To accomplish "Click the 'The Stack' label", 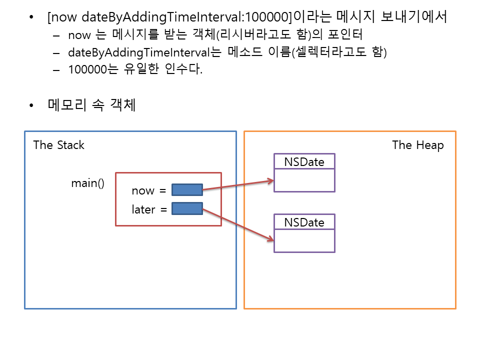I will [x=58, y=145].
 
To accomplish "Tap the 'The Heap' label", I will [x=417, y=145].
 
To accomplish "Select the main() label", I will [x=87, y=183].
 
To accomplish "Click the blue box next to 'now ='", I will [x=187, y=190].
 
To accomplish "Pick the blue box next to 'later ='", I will [x=187, y=208].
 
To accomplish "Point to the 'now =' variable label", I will [x=148, y=190].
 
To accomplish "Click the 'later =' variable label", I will [x=149, y=209].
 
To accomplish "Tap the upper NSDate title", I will [x=304, y=161].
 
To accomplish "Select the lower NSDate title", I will [x=304, y=222].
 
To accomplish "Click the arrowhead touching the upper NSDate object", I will [x=271, y=180].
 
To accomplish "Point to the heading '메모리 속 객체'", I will [x=91, y=105].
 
